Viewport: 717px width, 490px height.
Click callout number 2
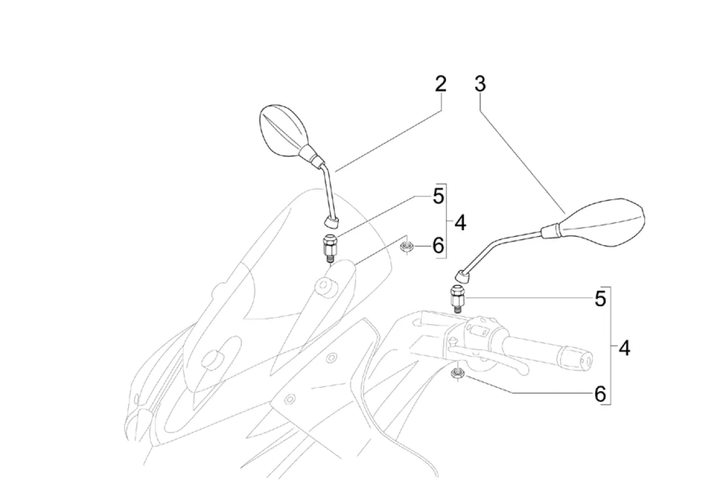pos(440,85)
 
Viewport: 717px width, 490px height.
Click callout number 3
pos(480,84)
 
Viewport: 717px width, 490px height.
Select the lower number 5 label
pos(600,299)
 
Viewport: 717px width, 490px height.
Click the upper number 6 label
pos(438,245)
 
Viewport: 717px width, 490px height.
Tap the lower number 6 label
pos(600,394)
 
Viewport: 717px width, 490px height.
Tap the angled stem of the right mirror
pos(501,245)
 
